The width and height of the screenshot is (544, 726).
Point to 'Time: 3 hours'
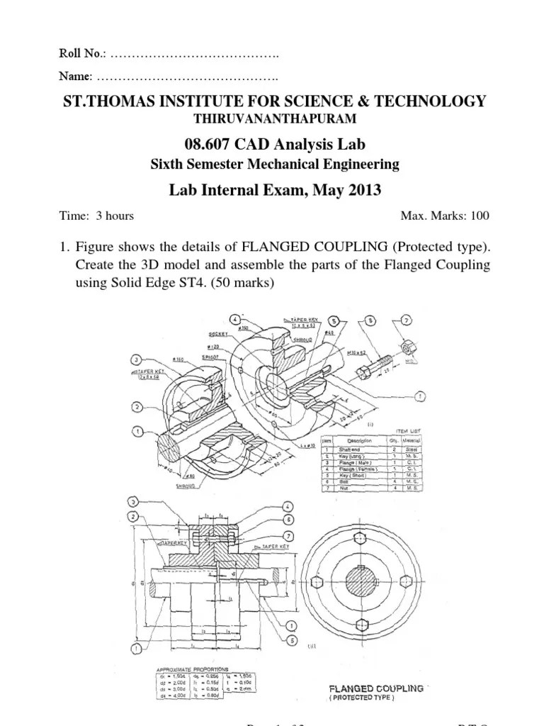96,216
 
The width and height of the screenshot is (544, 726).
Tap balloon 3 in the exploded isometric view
137,358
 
